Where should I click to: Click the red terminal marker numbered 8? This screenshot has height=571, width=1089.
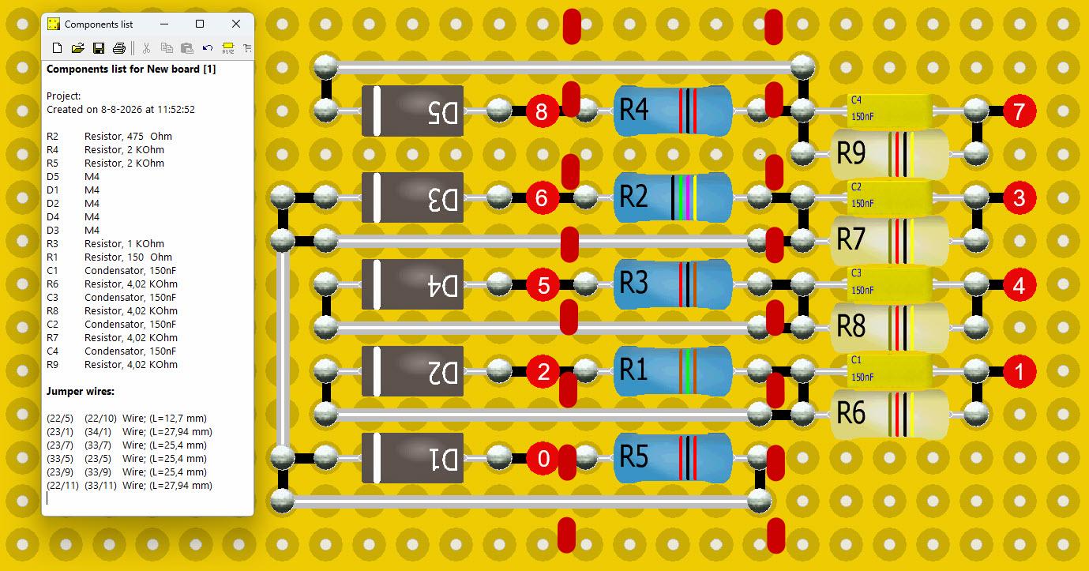coord(542,111)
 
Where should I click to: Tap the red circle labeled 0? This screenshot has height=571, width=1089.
coord(543,458)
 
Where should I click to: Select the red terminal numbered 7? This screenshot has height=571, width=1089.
coord(1020,111)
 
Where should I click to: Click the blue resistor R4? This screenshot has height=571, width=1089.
coord(673,111)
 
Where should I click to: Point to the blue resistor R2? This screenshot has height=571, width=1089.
coord(673,197)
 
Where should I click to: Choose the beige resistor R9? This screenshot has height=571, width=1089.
coord(890,154)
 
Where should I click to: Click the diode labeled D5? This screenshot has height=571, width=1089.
coord(412,111)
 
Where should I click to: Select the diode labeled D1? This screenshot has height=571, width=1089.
coord(412,458)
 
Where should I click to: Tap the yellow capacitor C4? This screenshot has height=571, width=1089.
coord(889,110)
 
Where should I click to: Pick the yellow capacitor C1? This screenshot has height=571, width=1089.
coord(889,370)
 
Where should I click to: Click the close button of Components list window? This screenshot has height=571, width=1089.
coord(236,24)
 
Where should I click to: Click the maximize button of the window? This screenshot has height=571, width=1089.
coord(199,24)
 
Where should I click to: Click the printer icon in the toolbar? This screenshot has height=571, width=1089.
coord(119,48)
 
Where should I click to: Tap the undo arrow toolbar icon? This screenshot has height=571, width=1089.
coord(208,48)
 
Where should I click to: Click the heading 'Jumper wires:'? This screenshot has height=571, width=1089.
coord(81,391)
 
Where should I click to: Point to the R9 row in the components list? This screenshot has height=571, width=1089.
coord(112,364)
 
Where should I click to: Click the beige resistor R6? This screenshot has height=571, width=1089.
coord(890,413)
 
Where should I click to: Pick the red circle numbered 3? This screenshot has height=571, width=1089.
coord(1020,198)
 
